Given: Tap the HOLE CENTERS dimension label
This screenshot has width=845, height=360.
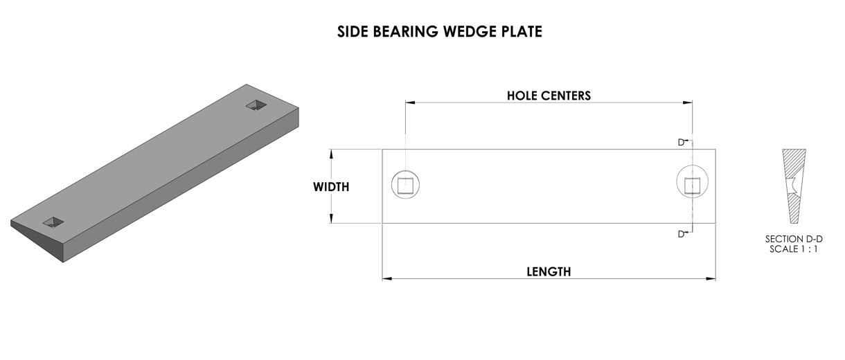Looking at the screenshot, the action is click(x=549, y=96).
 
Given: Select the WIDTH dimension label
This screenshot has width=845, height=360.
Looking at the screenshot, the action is click(x=331, y=187).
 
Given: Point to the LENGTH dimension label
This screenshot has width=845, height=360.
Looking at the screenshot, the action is click(x=549, y=272).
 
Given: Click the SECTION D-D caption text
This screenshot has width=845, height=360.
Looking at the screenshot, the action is click(x=794, y=239).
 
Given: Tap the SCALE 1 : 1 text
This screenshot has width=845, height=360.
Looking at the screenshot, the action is click(x=794, y=249).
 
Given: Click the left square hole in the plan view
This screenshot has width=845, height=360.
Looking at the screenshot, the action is click(x=405, y=186).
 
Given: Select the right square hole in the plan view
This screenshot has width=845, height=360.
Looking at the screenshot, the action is click(x=692, y=186).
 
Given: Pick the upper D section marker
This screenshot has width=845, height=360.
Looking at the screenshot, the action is click(x=682, y=142).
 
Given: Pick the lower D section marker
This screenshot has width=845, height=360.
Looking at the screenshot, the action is click(x=682, y=234).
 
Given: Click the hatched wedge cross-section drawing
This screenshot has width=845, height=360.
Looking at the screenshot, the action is click(x=794, y=186).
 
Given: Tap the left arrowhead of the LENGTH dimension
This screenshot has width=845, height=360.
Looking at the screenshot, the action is click(x=387, y=279).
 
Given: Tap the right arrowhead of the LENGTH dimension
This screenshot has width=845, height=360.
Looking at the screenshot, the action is click(x=711, y=279).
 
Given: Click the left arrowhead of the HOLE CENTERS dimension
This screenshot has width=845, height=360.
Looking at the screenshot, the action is click(x=411, y=102).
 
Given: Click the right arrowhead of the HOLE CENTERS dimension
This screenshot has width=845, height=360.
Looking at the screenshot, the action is click(x=687, y=102).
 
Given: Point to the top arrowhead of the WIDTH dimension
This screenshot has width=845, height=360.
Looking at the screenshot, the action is click(x=332, y=154).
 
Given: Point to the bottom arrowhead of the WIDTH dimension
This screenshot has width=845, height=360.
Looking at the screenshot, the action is click(x=332, y=218).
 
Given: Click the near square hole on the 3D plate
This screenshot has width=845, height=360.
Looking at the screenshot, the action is click(x=53, y=222).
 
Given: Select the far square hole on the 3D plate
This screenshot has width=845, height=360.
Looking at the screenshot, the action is click(x=256, y=105).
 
